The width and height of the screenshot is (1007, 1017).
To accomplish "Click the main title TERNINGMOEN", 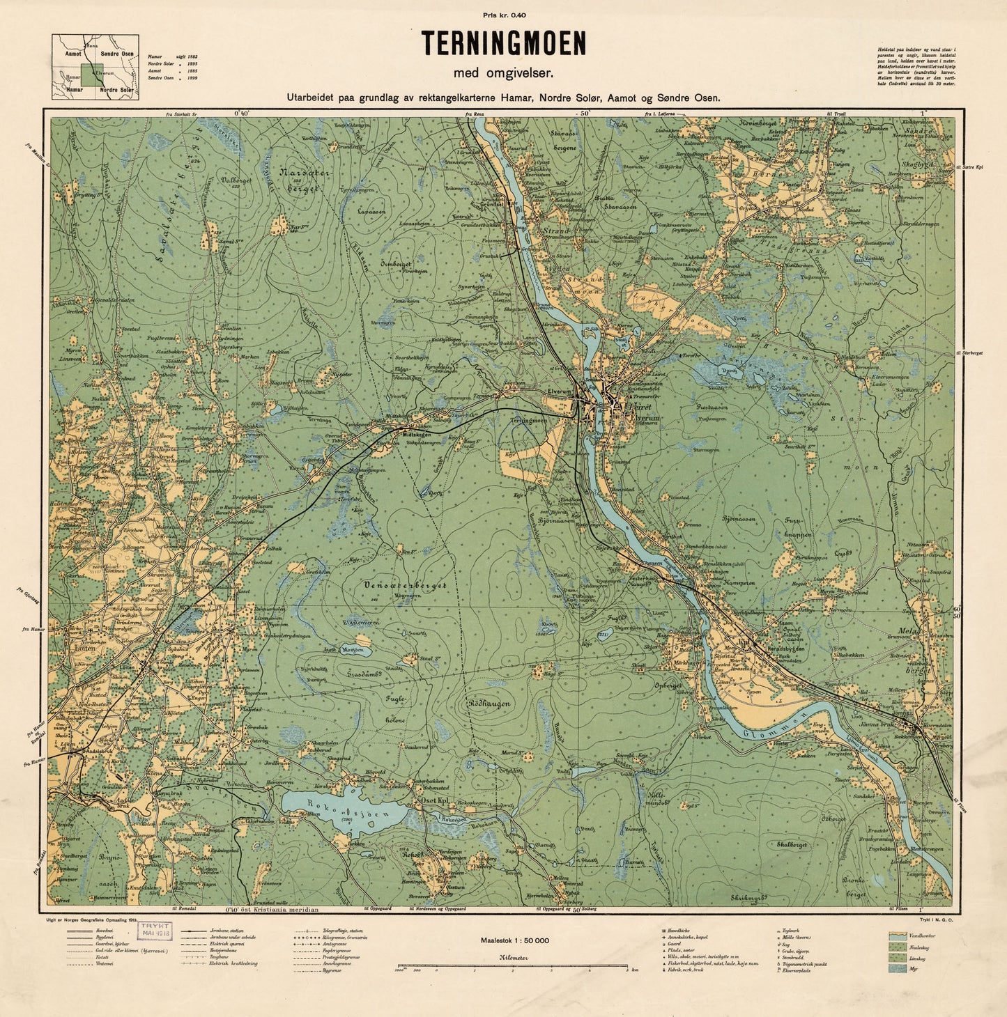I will [x=502, y=44].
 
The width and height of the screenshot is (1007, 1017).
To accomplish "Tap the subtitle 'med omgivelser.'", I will [x=502, y=72].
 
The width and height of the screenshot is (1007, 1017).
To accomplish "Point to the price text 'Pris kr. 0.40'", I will [x=502, y=15].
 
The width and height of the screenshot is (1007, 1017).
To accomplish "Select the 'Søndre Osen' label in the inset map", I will [x=117, y=54].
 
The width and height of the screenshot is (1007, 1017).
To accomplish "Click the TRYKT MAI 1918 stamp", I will [x=155, y=931].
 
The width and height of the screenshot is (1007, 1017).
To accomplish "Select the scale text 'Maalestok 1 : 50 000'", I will [x=514, y=940].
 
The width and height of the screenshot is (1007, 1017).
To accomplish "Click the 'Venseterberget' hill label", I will [x=405, y=586].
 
